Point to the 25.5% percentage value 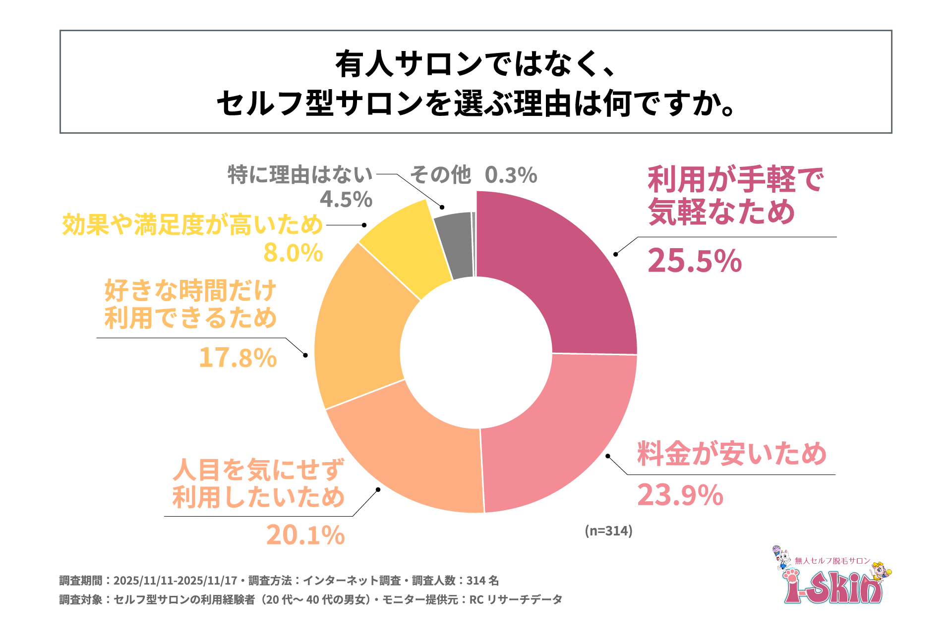[x=694, y=261]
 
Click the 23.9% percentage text [x=680, y=495]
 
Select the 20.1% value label [x=305, y=535]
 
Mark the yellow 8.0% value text [x=293, y=253]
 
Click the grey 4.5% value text [x=346, y=200]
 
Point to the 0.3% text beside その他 [x=511, y=175]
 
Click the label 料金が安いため [x=731, y=454]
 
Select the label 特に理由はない [x=300, y=175]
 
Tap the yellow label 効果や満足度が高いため [x=192, y=225]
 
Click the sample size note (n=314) [x=608, y=530]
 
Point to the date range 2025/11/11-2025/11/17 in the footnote [x=175, y=581]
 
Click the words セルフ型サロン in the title [x=319, y=104]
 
